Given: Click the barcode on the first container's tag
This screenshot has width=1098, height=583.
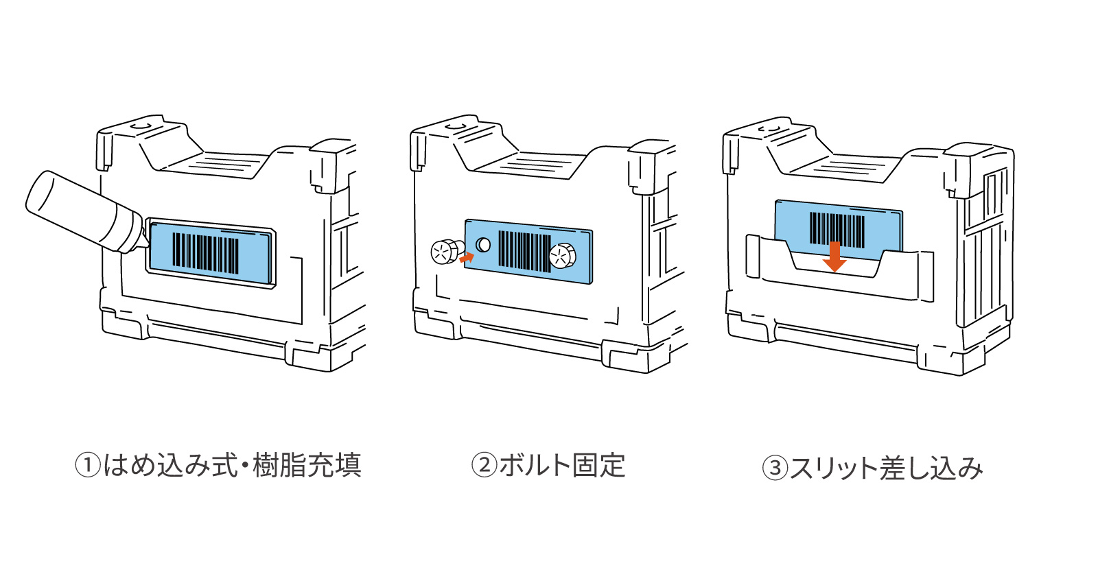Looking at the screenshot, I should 205,252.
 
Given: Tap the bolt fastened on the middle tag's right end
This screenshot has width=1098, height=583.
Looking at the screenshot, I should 563,257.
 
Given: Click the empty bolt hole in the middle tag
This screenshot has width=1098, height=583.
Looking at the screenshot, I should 483,244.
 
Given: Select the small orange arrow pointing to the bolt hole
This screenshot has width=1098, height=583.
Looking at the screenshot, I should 467,258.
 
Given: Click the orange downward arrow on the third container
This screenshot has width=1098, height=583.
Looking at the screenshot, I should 834,257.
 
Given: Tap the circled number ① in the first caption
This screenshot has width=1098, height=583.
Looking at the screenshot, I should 88,465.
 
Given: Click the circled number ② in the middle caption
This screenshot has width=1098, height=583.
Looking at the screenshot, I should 484,465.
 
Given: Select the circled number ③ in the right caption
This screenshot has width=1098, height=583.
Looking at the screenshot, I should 775,468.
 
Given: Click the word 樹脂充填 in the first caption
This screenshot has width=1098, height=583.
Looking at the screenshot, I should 307,465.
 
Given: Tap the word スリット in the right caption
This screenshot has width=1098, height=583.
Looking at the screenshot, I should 834,468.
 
